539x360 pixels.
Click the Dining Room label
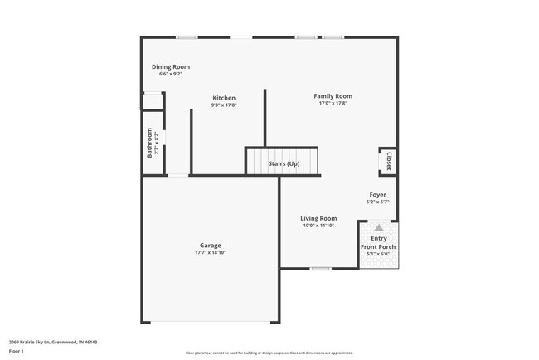click(x=171, y=66)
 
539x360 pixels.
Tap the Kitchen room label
click(x=224, y=97)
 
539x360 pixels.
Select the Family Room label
click(x=333, y=96)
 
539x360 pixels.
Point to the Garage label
click(x=210, y=246)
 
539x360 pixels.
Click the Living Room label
click(x=318, y=218)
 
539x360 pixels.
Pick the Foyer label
click(x=377, y=195)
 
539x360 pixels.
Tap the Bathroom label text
click(x=150, y=143)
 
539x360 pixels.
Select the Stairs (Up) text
click(x=284, y=163)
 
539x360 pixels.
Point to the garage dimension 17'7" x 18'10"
click(x=210, y=252)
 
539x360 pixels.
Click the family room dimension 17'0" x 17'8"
click(x=333, y=104)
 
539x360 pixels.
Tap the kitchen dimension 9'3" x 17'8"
click(x=224, y=105)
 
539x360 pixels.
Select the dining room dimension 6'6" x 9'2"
click(x=171, y=74)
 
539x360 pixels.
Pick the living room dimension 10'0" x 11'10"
click(x=318, y=226)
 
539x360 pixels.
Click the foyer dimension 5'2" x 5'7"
click(x=377, y=202)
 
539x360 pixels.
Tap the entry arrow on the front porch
click(x=378, y=226)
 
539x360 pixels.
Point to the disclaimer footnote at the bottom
click(x=270, y=353)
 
